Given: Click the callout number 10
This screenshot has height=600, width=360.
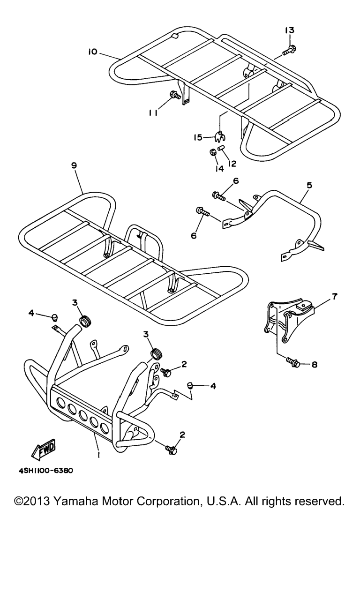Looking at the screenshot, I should click(x=92, y=51).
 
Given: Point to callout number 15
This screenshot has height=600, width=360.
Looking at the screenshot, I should click(x=198, y=137).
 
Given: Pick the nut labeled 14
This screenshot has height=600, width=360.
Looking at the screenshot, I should click(x=212, y=153).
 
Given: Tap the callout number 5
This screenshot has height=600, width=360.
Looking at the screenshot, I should click(x=309, y=185).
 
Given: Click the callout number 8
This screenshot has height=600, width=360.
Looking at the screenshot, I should click(x=314, y=364).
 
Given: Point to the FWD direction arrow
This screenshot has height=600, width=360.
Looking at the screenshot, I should click(x=44, y=449).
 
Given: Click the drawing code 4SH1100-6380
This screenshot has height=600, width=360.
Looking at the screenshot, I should click(x=46, y=470).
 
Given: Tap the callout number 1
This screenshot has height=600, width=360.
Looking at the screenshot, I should click(x=99, y=454).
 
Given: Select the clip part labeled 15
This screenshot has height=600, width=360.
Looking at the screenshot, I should click(x=219, y=136).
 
